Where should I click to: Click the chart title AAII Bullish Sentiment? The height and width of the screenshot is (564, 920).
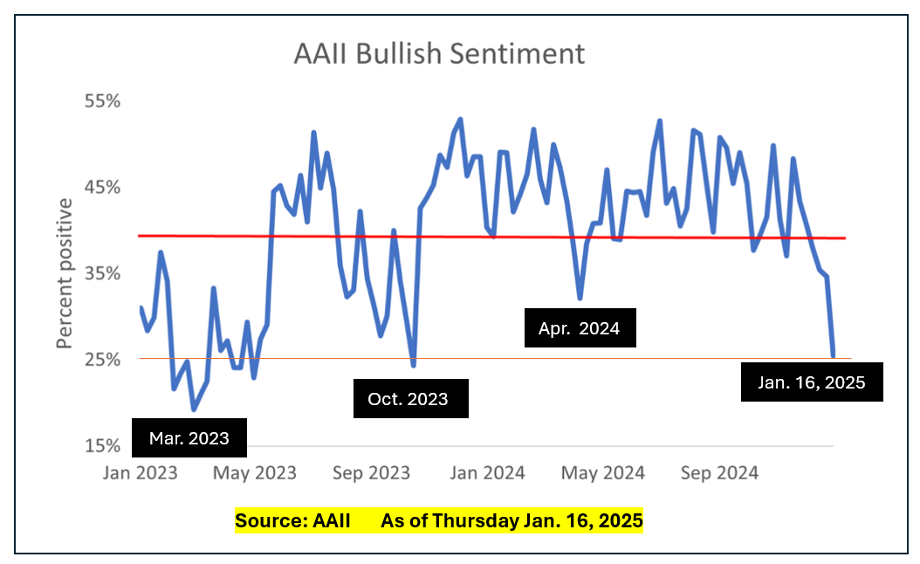coord(439,54)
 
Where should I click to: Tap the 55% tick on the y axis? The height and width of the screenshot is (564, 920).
coord(102,101)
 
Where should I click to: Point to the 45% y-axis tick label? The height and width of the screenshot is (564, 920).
coord(102,188)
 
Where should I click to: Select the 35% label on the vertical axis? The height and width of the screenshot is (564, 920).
coord(102,273)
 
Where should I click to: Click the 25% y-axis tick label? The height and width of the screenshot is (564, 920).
coord(102,360)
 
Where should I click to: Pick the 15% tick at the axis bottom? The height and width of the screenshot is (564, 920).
coord(102,446)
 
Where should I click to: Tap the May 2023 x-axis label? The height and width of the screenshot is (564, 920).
coord(255,473)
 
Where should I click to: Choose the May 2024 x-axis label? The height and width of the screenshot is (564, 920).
coord(603,473)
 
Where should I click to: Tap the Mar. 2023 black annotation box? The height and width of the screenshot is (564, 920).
coord(189,438)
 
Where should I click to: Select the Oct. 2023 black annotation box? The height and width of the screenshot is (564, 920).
coord(410,399)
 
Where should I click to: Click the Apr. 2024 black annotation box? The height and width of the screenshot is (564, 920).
coord(580,328)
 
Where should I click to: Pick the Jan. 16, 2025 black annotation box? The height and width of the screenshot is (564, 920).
coord(812,382)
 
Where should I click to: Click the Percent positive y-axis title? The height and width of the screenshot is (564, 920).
coord(65,273)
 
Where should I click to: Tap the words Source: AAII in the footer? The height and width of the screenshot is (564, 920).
coord(292,522)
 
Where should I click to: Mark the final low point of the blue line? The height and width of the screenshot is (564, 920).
coord(833,355)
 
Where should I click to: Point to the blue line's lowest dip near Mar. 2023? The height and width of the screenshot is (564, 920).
coord(194,409)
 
